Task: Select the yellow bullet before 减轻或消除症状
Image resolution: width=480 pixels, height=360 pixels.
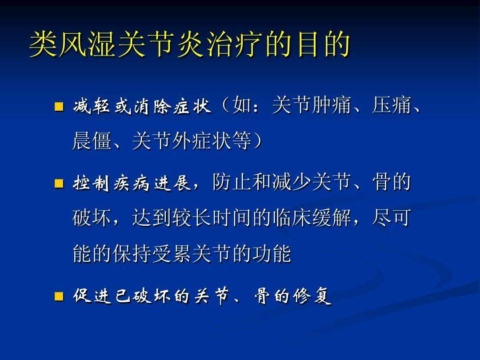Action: [x=59, y=107]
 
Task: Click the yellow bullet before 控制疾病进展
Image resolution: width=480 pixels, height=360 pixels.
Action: [x=59, y=183]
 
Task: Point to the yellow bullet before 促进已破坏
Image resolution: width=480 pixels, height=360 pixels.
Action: [x=59, y=296]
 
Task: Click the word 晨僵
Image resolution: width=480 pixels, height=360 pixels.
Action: [x=92, y=141]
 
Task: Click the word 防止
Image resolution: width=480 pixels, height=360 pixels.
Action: [x=232, y=182]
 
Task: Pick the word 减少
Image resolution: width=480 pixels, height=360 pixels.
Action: [x=292, y=182]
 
